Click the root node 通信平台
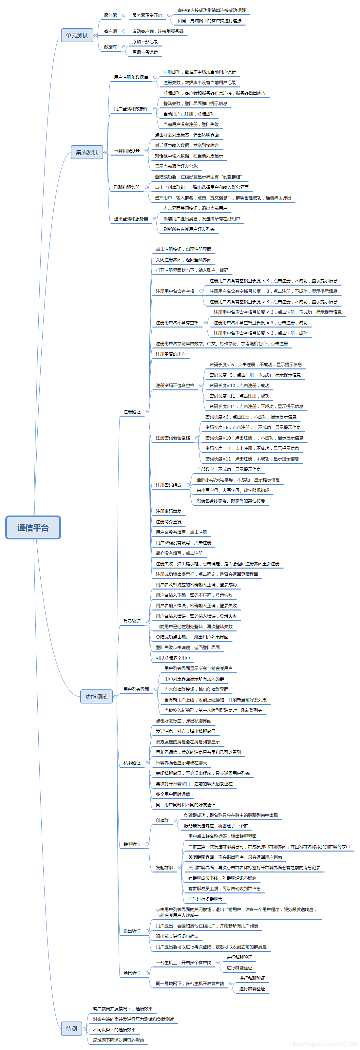33,527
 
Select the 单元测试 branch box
77,35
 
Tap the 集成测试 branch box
86,152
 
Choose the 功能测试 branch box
96,697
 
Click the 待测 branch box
71,1028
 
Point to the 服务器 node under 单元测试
110,15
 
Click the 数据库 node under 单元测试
110,47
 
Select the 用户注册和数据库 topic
131,77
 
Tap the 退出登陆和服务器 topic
131,219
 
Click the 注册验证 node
132,412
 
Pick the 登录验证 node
132,621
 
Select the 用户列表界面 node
136,689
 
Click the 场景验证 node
132,973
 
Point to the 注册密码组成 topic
168,485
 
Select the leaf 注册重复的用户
170,354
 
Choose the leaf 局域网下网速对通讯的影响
118,1040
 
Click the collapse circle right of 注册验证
147,412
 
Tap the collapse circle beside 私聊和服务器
146,151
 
